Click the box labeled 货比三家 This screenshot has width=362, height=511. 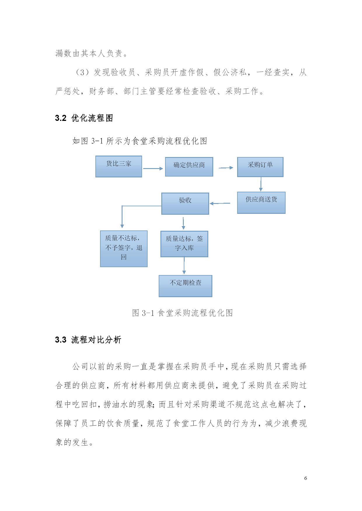(x=119, y=166)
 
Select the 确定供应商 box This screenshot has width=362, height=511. (x=189, y=167)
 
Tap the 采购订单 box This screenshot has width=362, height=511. (x=260, y=167)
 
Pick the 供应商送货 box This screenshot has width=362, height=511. (x=261, y=202)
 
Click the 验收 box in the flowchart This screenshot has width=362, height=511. (x=185, y=204)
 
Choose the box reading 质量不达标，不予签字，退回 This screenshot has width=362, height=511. (x=124, y=249)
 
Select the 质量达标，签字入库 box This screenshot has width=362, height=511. (x=184, y=244)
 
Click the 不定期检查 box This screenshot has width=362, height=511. (x=186, y=286)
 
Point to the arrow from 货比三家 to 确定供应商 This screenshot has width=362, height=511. (x=153, y=168)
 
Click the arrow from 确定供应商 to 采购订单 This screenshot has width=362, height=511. (x=226, y=168)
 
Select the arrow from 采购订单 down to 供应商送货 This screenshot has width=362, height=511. (x=261, y=184)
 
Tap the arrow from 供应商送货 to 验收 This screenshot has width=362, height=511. (x=220, y=203)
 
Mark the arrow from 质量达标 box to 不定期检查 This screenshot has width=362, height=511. (x=184, y=265)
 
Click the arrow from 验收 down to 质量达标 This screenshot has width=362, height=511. (x=183, y=223)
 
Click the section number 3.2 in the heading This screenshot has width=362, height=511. (x=61, y=118)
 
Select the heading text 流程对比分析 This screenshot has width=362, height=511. (x=96, y=340)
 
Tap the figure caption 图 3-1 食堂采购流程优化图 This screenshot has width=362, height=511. (x=182, y=313)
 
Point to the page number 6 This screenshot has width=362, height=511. (x=305, y=478)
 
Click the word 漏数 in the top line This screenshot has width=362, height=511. (x=64, y=53)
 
